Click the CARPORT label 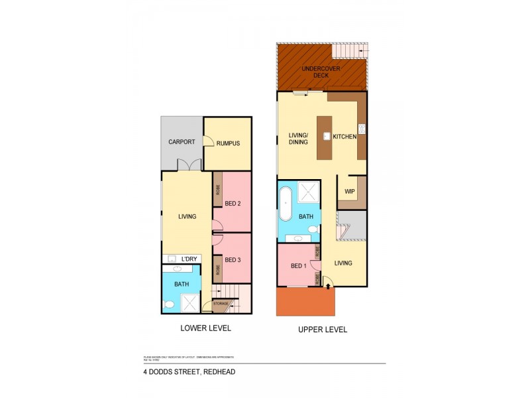pos(182,142)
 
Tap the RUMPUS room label pos(227,143)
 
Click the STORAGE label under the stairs pos(221,304)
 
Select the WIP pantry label pos(349,192)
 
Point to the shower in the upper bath pos(307,192)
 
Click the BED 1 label pos(298,266)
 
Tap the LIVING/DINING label pos(298,137)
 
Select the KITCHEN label pos(344,137)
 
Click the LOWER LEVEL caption pos(205,328)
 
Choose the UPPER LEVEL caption pos(322,329)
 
